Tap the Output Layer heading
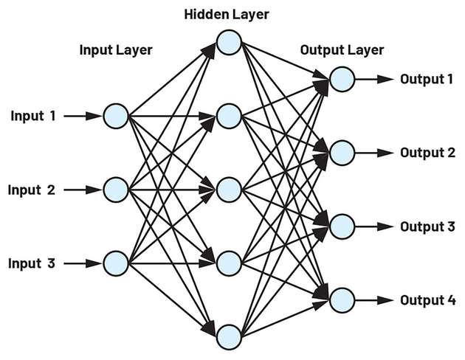342,50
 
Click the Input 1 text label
33,116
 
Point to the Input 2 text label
32,190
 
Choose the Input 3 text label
32,263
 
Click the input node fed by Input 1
117,116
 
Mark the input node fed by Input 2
117,190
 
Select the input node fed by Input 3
117,263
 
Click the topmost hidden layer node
229,42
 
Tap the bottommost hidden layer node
229,336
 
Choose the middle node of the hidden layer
229,189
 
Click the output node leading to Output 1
342,79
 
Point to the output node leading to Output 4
342,300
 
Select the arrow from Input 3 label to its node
81,263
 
